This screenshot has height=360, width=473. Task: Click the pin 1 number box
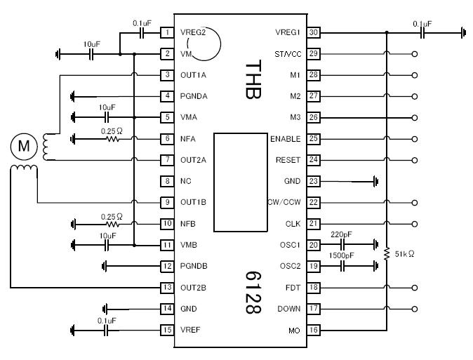tap(167, 32)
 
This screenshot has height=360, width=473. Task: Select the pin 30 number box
tap(314, 32)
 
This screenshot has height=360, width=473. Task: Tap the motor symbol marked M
tap(24, 147)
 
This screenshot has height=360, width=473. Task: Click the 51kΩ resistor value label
tap(404, 254)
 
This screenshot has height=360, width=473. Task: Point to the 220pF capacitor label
tap(341, 234)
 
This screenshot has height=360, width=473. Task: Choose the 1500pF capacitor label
tap(341, 255)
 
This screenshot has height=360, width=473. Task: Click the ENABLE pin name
tap(286, 139)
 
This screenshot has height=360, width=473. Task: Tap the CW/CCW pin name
tap(284, 202)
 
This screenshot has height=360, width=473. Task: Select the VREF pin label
tap(190, 330)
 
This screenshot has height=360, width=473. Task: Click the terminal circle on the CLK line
tap(415, 224)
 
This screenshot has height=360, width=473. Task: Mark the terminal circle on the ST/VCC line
tap(415, 54)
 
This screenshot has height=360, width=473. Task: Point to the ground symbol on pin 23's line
tap(376, 181)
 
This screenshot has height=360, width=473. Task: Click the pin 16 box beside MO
tap(314, 330)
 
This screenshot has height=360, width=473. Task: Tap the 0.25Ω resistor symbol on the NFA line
tap(113, 139)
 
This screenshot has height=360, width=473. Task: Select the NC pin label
tap(185, 181)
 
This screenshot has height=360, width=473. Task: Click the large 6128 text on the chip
tap(253, 293)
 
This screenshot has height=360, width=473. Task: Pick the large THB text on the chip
tap(253, 79)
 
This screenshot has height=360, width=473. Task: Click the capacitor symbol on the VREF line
tap(105, 331)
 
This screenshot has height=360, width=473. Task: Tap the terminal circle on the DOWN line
tap(415, 309)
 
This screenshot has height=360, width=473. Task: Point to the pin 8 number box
tap(167, 181)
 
